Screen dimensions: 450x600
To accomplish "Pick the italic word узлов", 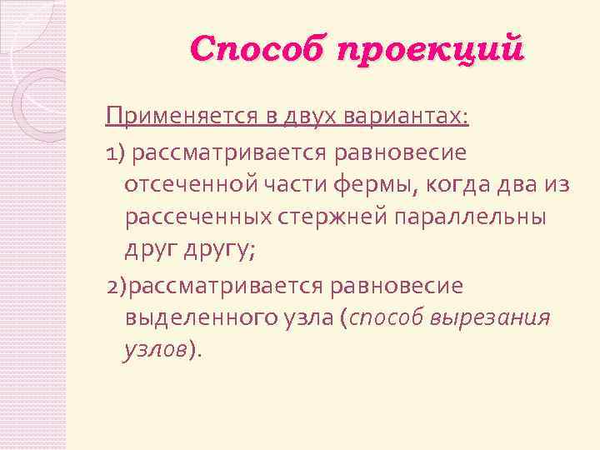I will coord(155,352).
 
